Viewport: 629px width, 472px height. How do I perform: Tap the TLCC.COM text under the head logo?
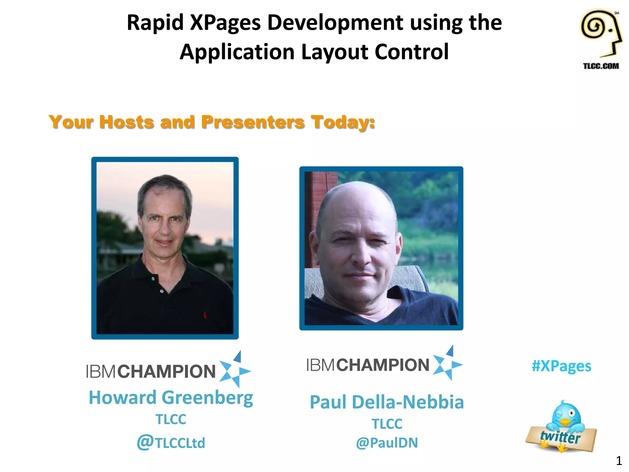pyautogui.click(x=601, y=66)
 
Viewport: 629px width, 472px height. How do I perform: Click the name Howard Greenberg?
pyautogui.click(x=171, y=398)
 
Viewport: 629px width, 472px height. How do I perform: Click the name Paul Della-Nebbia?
pyautogui.click(x=387, y=402)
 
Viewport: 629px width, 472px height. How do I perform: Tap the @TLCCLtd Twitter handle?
pyautogui.click(x=171, y=442)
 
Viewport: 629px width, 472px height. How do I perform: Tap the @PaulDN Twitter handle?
pyautogui.click(x=387, y=443)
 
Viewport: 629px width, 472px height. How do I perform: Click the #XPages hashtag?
pyautogui.click(x=561, y=366)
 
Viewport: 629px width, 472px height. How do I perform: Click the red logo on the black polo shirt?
pyautogui.click(x=205, y=315)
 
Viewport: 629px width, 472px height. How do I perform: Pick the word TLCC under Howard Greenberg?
pyautogui.click(x=171, y=419)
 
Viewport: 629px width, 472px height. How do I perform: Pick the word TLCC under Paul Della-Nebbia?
pyautogui.click(x=387, y=424)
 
